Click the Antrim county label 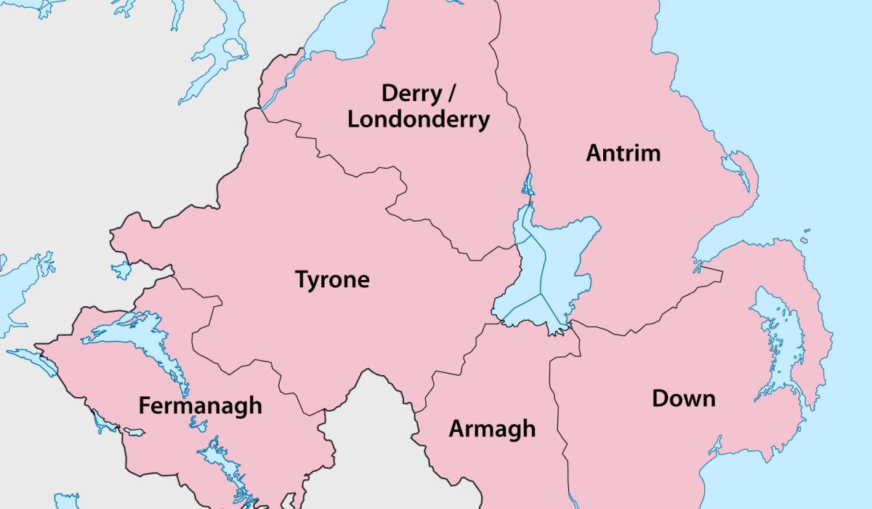pyautogui.click(x=623, y=153)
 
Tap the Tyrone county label pyautogui.click(x=332, y=280)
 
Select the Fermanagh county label pyautogui.click(x=200, y=405)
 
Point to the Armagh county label pyautogui.click(x=492, y=428)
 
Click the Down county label pyautogui.click(x=683, y=398)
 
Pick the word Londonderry pyautogui.click(x=418, y=119)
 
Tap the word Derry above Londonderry pyautogui.click(x=411, y=93)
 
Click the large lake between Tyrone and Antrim pyautogui.click(x=556, y=269)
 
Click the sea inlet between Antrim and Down pyautogui.click(x=716, y=251)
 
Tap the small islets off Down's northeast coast pyautogui.click(x=805, y=236)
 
